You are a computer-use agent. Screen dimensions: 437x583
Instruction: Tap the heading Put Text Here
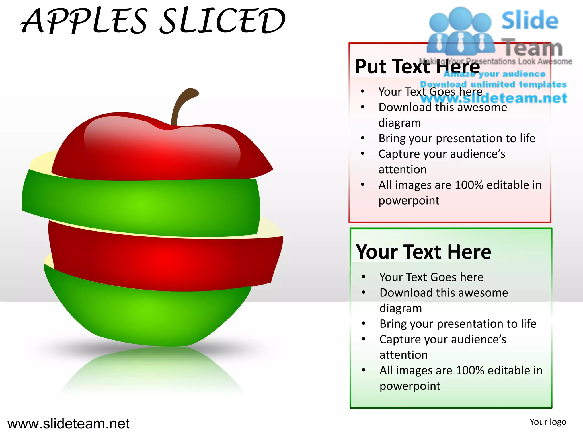417,67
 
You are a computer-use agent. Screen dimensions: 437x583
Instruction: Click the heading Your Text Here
423,252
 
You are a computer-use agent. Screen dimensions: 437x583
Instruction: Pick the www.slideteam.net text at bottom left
68,424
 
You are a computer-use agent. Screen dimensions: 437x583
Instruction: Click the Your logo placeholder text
548,422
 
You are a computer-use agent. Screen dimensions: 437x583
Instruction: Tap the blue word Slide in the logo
530,20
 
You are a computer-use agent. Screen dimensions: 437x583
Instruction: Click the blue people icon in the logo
460,31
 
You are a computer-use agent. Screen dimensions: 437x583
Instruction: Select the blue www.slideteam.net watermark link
494,98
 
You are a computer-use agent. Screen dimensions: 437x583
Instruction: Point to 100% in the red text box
469,185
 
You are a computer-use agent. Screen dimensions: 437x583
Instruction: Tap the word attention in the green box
404,355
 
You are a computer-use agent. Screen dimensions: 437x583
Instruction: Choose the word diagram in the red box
400,123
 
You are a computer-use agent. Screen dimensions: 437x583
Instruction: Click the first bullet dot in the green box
364,277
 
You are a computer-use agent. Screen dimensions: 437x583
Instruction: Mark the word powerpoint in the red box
409,201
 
